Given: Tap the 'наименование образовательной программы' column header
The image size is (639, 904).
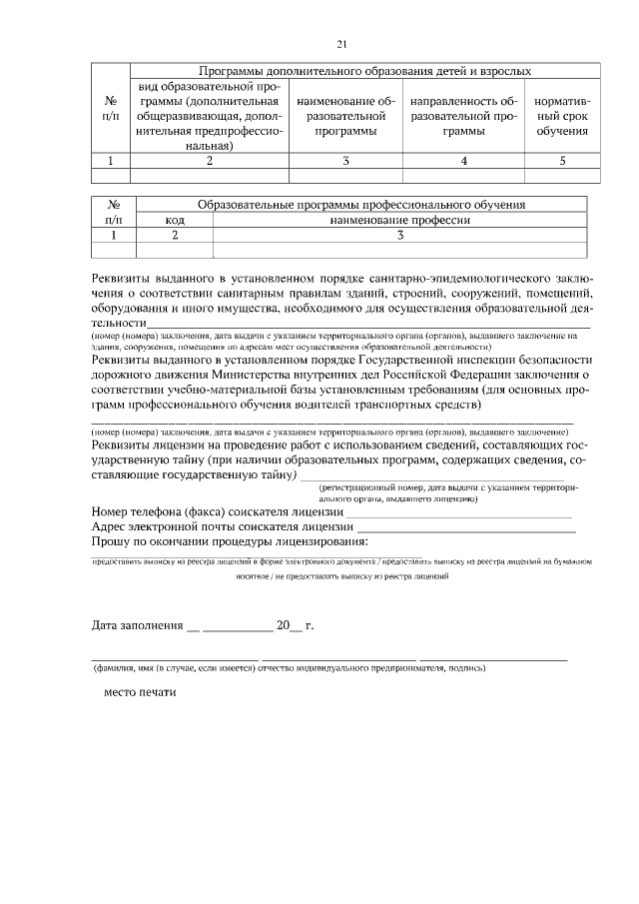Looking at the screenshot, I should tap(345, 116).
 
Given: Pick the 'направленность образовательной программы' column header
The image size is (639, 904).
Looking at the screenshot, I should tap(464, 116).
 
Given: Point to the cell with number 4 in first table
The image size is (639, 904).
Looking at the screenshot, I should tap(464, 160).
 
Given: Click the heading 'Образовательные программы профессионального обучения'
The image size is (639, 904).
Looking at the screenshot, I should tap(360, 205).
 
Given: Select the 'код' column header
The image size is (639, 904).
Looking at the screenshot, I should tap(175, 220).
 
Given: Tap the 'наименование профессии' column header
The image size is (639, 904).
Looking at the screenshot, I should tap(399, 220).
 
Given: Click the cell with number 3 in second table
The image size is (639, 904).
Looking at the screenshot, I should tap(399, 235).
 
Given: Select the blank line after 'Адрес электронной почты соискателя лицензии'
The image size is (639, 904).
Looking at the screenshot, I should tap(466, 527).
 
